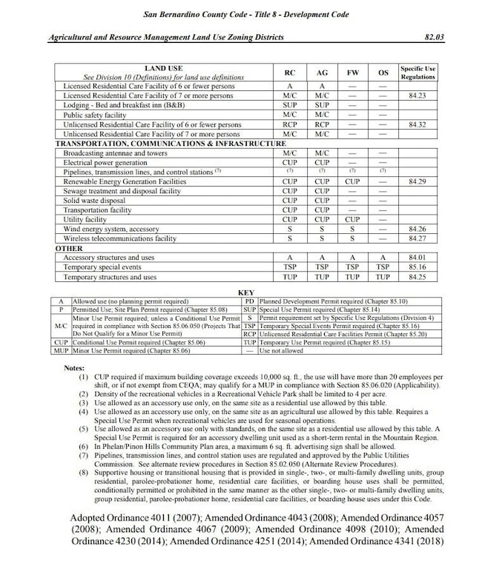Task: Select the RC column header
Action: pyautogui.click(x=290, y=73)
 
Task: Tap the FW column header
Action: pyautogui.click(x=353, y=73)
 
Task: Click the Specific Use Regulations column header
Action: pyautogui.click(x=417, y=73)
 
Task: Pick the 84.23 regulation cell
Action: pyautogui.click(x=417, y=96)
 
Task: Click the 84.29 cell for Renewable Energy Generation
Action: pyautogui.click(x=417, y=181)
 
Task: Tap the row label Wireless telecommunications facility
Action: pyautogui.click(x=120, y=239)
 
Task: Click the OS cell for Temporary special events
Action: pyautogui.click(x=383, y=267)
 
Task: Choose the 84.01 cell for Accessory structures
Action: pyautogui.click(x=417, y=258)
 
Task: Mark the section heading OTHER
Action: pyautogui.click(x=69, y=249)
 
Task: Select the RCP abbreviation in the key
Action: pyautogui.click(x=250, y=334)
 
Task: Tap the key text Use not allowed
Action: pyautogui.click(x=281, y=350)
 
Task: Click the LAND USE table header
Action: pyautogui.click(x=164, y=69)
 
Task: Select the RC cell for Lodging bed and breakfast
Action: pyautogui.click(x=290, y=106)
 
